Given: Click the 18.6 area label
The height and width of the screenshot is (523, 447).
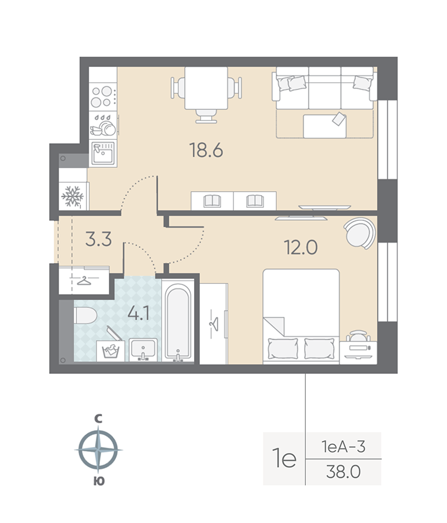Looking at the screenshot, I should coord(206,151).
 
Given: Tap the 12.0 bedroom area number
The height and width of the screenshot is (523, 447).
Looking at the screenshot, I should coord(301,247).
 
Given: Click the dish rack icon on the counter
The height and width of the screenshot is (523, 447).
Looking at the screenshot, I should coord(103,125).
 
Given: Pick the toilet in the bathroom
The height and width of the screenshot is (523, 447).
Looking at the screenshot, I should coord(85,316).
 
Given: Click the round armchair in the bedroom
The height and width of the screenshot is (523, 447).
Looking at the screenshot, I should coord(359,233).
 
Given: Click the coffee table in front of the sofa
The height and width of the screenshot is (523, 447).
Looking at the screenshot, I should coord(325,125).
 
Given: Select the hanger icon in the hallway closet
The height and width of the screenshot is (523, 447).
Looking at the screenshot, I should coord(86,280).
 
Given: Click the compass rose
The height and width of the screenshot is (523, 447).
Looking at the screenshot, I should coord(99,450).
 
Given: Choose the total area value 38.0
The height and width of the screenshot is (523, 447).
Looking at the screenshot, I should coord(343,471).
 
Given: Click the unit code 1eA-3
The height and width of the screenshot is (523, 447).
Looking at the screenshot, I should coord(343,447).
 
